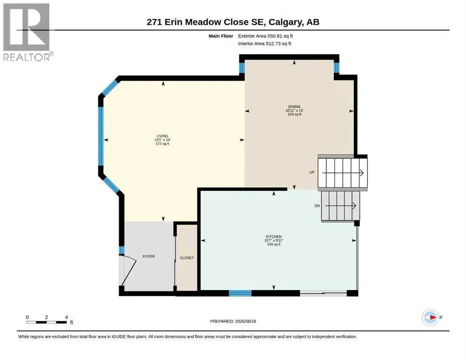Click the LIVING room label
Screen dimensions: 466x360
point(162,136)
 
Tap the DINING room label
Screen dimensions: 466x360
point(294,106)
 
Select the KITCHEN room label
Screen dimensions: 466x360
point(274,237)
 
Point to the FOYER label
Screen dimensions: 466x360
point(149,256)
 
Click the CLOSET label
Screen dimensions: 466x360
point(187,258)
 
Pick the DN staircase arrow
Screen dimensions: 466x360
point(341,206)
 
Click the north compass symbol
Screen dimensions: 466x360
point(430,317)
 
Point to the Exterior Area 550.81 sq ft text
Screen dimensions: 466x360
point(266,36)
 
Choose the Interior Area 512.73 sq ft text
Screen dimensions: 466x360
point(265,44)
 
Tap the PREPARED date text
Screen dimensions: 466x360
point(233,321)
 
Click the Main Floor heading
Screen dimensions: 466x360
point(221,36)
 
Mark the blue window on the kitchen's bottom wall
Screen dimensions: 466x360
point(240,293)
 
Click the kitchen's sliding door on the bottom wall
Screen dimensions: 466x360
point(323,293)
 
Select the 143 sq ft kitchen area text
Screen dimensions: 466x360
point(274,244)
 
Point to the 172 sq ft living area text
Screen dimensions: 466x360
point(162,143)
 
